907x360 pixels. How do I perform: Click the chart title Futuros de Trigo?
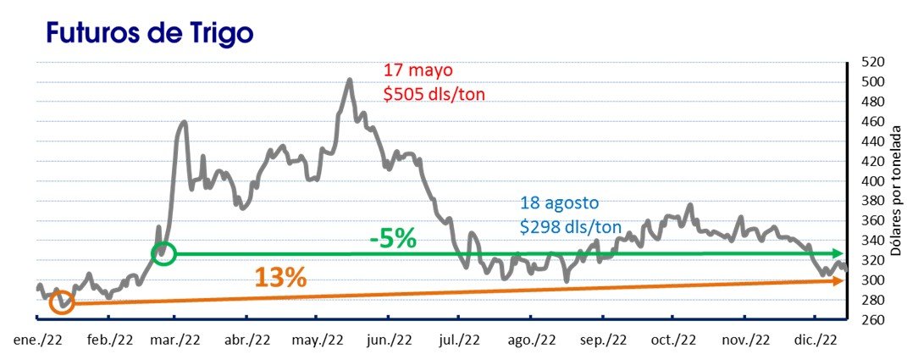pyautogui.click(x=150, y=33)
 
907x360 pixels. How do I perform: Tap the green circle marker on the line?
pyautogui.click(x=164, y=252)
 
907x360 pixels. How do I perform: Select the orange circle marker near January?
pyautogui.click(x=62, y=302)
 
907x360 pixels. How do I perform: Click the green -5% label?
pyautogui.click(x=392, y=238)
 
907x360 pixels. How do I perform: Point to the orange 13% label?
pyautogui.click(x=279, y=277)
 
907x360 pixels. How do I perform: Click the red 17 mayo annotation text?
pyautogui.click(x=418, y=71)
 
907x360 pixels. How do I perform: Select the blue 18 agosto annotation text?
pyautogui.click(x=560, y=204)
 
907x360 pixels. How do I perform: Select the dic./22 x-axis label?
pyautogui.click(x=816, y=340)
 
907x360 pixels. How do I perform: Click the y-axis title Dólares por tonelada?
pyautogui.click(x=897, y=191)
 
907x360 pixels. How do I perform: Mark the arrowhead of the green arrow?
pyautogui.click(x=838, y=253)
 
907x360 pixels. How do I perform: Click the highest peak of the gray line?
pyautogui.click(x=349, y=80)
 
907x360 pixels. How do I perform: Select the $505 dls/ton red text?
pyautogui.click(x=434, y=94)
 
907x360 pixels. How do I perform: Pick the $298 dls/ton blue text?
pyautogui.click(x=571, y=226)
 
